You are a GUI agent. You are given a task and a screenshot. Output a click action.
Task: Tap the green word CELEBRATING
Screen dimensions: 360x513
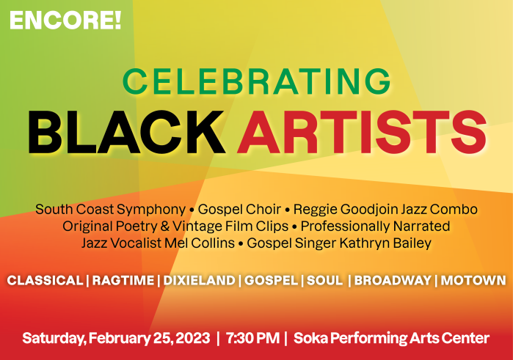(x=256, y=81)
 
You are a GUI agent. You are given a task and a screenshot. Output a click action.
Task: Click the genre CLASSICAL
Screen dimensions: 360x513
(x=45, y=281)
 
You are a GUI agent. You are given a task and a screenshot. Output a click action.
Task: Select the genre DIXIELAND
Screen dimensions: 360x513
(x=199, y=281)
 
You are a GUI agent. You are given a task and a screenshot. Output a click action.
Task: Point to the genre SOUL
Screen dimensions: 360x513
(x=324, y=281)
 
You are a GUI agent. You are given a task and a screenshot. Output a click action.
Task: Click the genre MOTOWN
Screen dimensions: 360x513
(x=473, y=281)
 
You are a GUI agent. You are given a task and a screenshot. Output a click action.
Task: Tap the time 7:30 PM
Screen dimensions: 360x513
(x=252, y=339)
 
